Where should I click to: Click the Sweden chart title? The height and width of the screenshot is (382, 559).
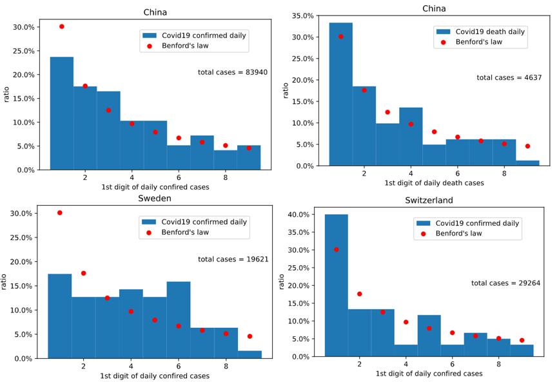tap(155, 198)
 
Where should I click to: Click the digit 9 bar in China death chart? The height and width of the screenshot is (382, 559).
tap(527, 163)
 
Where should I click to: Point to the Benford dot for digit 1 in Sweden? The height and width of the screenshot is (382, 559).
tap(60, 213)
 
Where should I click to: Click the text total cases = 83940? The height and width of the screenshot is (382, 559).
tap(233, 72)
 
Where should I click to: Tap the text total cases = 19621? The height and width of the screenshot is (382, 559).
tap(233, 259)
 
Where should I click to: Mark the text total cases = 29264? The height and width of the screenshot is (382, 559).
tap(505, 283)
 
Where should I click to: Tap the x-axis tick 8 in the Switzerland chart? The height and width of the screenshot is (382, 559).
tap(498, 364)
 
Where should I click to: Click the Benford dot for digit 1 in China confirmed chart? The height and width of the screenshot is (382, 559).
tap(62, 26)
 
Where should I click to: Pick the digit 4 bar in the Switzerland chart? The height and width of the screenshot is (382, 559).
tap(406, 350)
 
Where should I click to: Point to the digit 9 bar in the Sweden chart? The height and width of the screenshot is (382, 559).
tap(250, 354)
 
